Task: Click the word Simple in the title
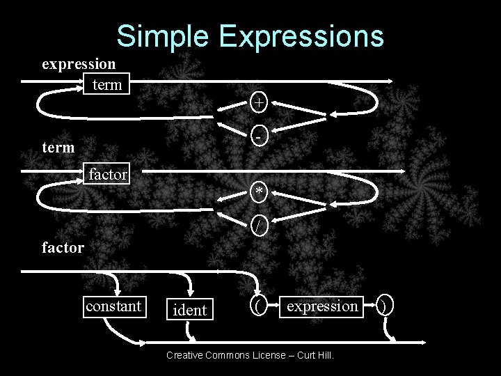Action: [x=161, y=36]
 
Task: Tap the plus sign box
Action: [x=258, y=102]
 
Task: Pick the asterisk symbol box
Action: [x=259, y=191]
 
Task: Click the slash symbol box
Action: [x=259, y=225]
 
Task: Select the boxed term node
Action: [x=106, y=85]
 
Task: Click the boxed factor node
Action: [x=107, y=174]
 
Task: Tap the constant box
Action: [x=113, y=306]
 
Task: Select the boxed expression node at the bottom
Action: [x=322, y=306]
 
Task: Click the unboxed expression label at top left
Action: [x=79, y=64]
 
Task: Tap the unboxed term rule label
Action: [x=59, y=148]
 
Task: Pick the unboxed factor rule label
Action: [x=63, y=246]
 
